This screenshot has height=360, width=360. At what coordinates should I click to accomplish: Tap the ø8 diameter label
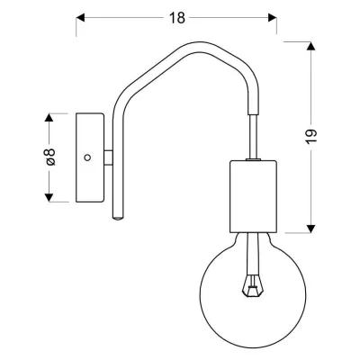pyautogui.click(x=51, y=157)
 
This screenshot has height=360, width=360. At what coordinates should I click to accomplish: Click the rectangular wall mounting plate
pyautogui.click(x=88, y=157)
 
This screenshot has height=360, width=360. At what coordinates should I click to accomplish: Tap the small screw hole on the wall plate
pyautogui.click(x=87, y=157)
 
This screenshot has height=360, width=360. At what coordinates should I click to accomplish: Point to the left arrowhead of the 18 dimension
pyautogui.click(x=78, y=17)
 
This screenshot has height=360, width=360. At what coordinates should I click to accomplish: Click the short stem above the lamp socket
pyautogui.click(x=252, y=143)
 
